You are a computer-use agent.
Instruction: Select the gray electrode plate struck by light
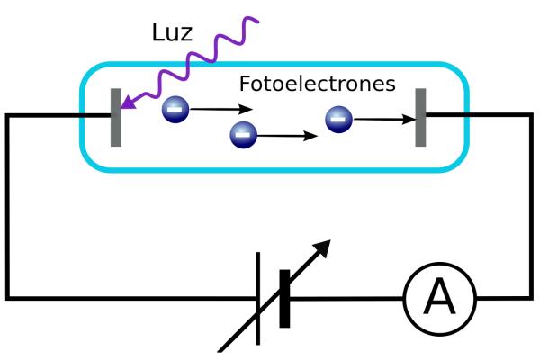tap(116, 117)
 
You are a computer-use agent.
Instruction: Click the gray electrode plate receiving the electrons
tap(420, 117)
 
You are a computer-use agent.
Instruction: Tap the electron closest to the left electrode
tap(175, 111)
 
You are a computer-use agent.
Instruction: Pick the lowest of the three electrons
tap(244, 136)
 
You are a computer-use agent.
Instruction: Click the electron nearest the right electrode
tap(338, 118)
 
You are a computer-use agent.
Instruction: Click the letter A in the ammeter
tap(439, 297)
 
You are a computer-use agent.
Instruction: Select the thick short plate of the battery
tap(284, 298)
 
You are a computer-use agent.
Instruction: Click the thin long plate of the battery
tap(258, 298)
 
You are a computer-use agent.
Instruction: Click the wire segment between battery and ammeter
tap(346, 297)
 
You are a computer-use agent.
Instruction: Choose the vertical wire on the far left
tap(8, 207)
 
